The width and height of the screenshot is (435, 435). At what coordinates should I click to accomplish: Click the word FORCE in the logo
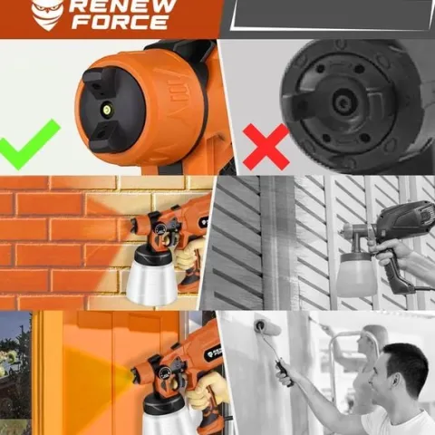pyautogui.click(x=120, y=22)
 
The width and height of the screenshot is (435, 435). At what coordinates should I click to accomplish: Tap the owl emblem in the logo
pyautogui.click(x=47, y=14)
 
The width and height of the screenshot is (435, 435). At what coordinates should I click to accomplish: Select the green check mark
pyautogui.click(x=29, y=144)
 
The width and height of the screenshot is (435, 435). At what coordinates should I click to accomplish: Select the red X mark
pyautogui.click(x=266, y=147)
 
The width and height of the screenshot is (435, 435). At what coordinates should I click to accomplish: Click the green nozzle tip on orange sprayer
pyautogui.click(x=107, y=107)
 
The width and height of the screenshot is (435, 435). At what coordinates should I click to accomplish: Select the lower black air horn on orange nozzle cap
pyautogui.click(x=104, y=136)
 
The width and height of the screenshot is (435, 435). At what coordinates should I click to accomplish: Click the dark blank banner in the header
pyautogui.click(x=333, y=15)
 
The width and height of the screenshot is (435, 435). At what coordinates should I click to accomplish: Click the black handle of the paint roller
pyautogui.click(x=284, y=372)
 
